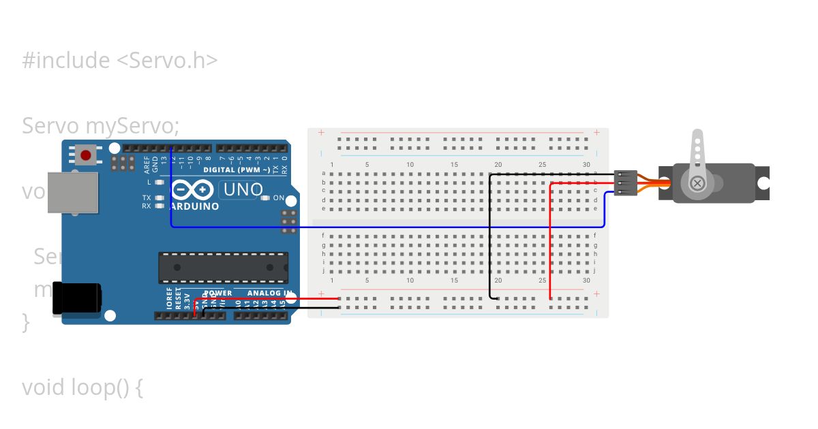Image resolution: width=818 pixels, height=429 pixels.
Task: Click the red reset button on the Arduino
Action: pos(85,155)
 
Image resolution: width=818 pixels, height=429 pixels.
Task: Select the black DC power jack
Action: pos(76,298)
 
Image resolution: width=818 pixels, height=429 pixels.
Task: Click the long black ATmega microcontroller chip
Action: pos(223,268)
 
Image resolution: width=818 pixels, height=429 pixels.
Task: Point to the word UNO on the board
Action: pos(243,189)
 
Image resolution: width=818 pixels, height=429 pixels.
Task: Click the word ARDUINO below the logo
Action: pos(195,206)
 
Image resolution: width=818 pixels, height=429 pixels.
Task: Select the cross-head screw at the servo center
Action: pos(697,183)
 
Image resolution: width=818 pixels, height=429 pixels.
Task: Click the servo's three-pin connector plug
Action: pos(625,183)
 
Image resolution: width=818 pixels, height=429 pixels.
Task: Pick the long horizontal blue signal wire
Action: pos(382,227)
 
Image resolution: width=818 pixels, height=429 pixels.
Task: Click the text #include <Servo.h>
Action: pos(120,61)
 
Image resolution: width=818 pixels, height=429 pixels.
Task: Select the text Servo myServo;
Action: pos(101,126)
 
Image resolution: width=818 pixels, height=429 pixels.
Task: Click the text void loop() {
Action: pos(82,387)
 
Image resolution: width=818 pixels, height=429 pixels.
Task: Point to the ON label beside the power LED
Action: pos(279,198)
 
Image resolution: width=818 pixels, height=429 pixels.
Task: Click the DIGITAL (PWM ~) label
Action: pos(236,170)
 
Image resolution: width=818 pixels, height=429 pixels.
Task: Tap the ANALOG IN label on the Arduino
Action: pos(269,293)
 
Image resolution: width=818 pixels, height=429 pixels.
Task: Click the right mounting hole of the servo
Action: pos(763,183)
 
